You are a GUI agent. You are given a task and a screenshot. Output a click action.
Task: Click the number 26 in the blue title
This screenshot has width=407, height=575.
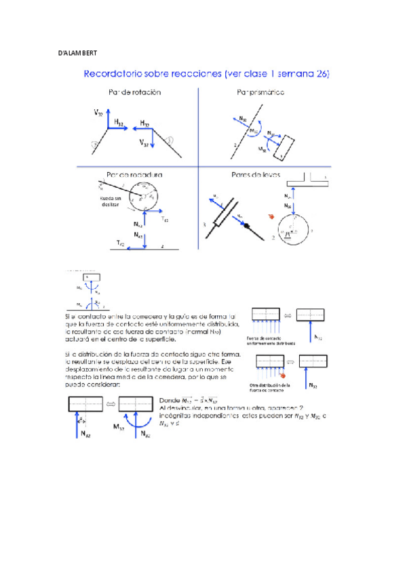pos(321,74)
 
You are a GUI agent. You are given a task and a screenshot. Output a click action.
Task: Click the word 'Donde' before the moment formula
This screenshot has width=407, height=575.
pos(170,399)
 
